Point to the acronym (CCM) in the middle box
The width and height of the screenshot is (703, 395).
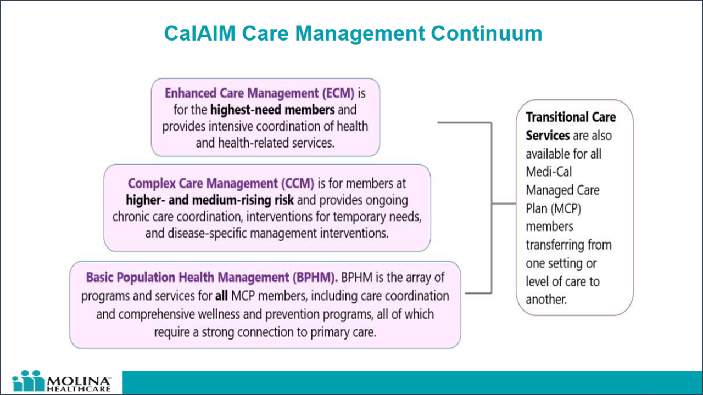pos(297,183)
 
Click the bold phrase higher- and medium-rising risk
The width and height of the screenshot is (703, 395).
pos(210,200)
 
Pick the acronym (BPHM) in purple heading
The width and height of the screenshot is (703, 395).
pos(314,278)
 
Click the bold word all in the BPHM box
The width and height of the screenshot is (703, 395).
pos(221,296)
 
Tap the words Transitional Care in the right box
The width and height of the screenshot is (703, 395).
pos(571,117)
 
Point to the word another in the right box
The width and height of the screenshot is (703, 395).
pos(546,300)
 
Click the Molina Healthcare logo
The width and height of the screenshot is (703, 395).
pos(61,382)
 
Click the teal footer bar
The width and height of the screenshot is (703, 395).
pos(412,382)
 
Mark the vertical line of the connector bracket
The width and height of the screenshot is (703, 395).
pos(490,207)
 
